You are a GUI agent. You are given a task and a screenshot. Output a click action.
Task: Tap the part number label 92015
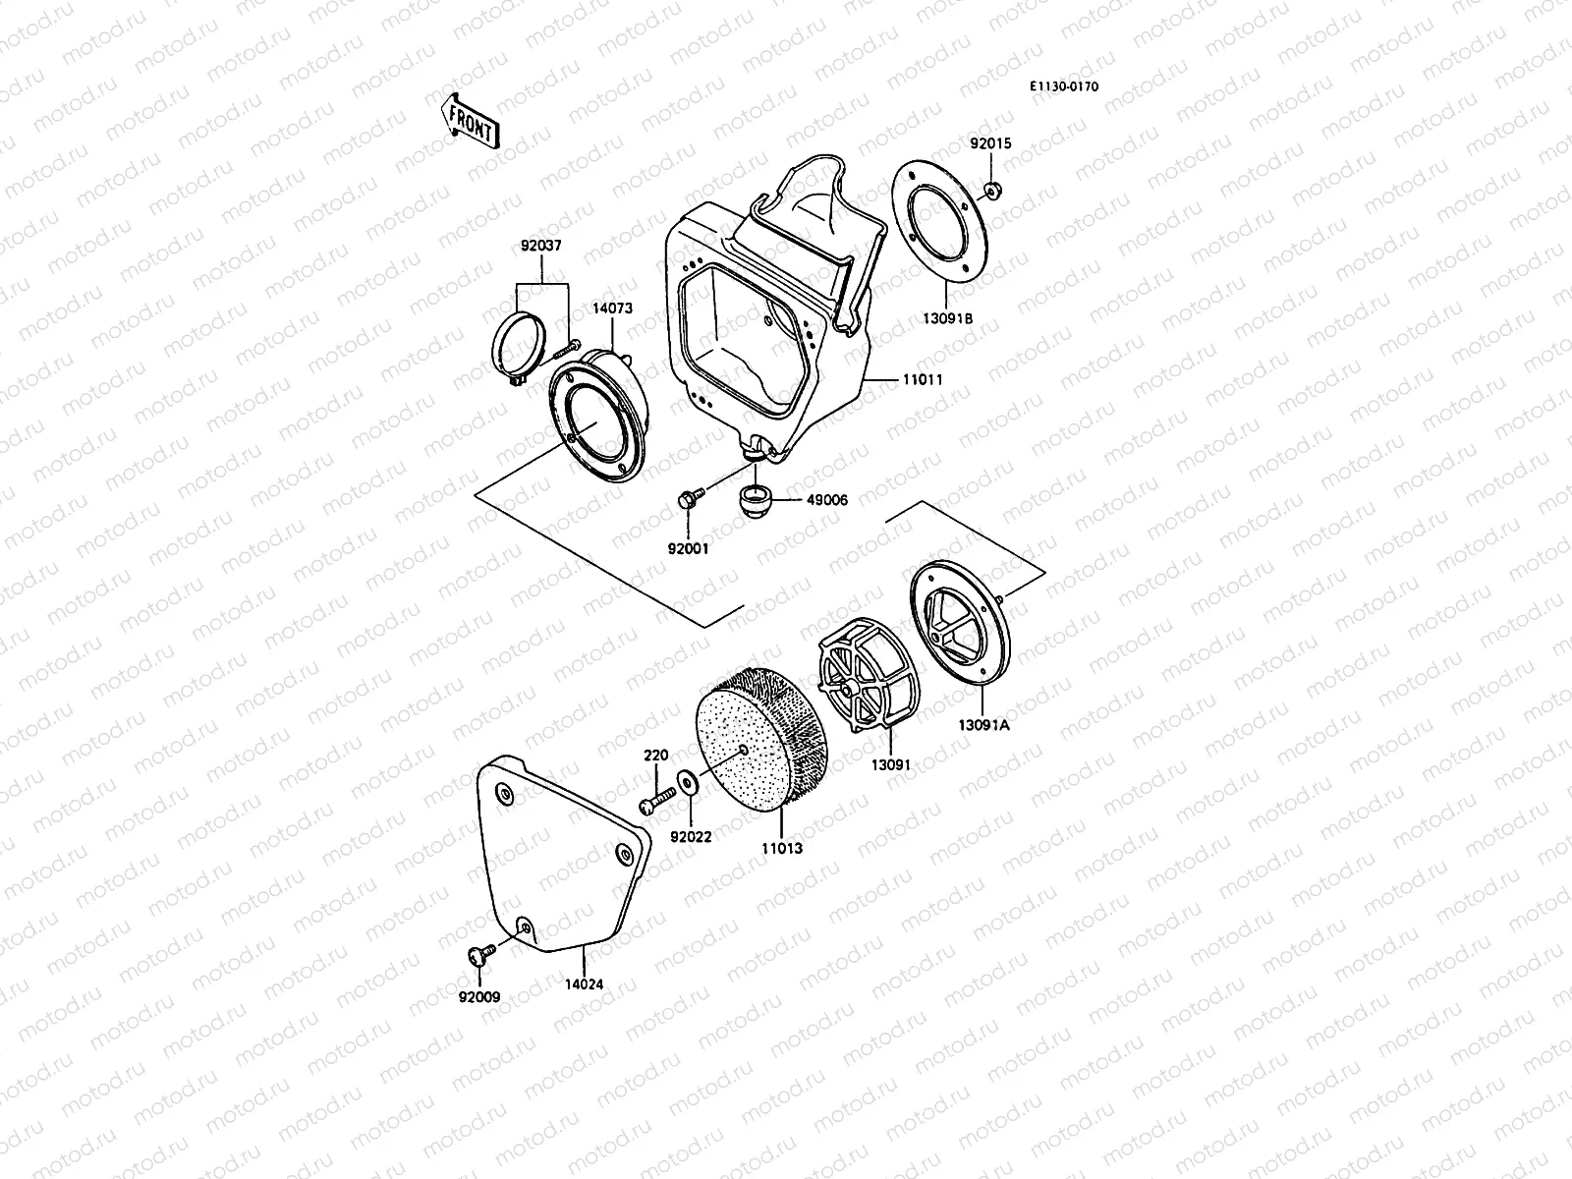[990, 143]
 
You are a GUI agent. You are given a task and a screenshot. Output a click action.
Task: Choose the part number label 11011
[922, 378]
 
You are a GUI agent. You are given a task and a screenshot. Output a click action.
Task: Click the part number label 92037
[541, 246]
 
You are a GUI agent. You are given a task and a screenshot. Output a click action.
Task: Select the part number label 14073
[612, 308]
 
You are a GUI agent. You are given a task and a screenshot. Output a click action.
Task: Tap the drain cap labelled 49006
[755, 497]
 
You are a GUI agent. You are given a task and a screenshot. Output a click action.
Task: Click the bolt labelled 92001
[688, 500]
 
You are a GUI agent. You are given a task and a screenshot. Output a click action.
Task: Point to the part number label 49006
[827, 500]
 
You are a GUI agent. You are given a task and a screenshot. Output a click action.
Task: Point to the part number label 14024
[584, 982]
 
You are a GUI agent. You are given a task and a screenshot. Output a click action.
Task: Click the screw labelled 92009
[479, 952]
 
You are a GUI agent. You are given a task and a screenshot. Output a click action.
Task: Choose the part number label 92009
[479, 997]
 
